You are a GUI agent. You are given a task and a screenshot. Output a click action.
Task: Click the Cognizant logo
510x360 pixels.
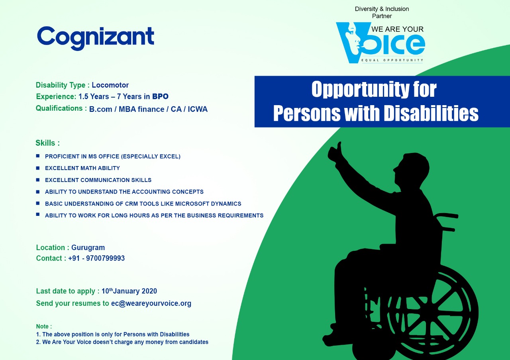95,38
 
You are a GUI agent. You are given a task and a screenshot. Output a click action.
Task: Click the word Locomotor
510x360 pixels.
110,85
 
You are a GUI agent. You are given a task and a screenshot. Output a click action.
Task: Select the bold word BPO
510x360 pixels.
160,96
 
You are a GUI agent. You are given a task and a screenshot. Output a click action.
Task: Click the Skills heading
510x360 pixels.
47,143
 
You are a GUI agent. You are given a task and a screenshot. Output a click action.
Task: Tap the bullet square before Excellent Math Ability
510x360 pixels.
38,168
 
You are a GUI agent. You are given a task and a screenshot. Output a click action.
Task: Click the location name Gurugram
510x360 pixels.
88,247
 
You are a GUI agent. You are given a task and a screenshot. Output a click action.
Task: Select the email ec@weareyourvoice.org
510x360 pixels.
151,303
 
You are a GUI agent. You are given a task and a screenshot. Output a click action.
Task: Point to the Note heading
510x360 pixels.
44,327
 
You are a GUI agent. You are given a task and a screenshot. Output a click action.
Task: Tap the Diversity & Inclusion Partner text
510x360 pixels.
382,12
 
